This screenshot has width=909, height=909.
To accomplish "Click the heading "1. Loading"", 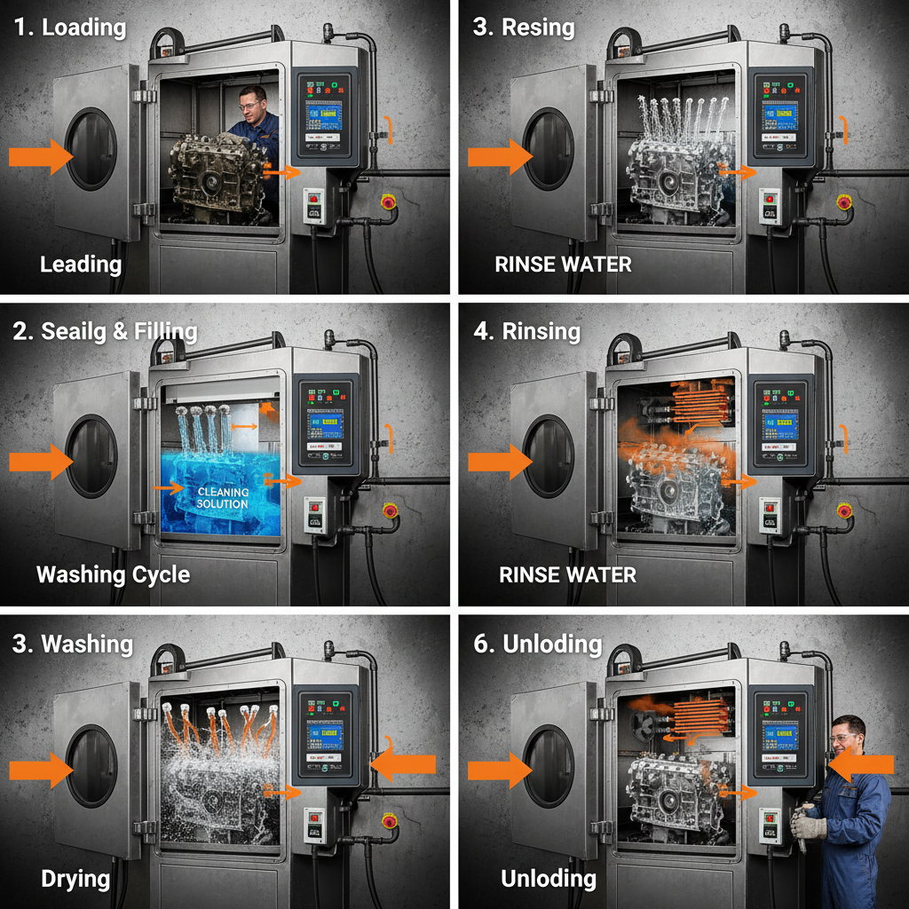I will (x=70, y=27).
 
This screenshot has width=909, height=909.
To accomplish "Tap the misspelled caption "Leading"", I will (x=81, y=264).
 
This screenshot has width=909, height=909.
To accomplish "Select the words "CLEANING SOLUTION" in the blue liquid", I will (x=223, y=497).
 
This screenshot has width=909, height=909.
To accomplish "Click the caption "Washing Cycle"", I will (x=113, y=574).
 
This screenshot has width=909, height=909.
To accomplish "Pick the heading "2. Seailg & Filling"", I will (x=105, y=332).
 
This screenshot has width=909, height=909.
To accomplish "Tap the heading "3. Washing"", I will (x=73, y=644).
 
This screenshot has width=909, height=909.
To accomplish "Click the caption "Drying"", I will (x=75, y=879).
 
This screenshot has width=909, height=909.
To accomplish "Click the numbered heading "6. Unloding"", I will (x=538, y=644).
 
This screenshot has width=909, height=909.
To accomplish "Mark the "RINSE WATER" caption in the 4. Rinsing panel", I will (x=567, y=574).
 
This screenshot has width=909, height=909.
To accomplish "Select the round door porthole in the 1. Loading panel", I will (x=91, y=148).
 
